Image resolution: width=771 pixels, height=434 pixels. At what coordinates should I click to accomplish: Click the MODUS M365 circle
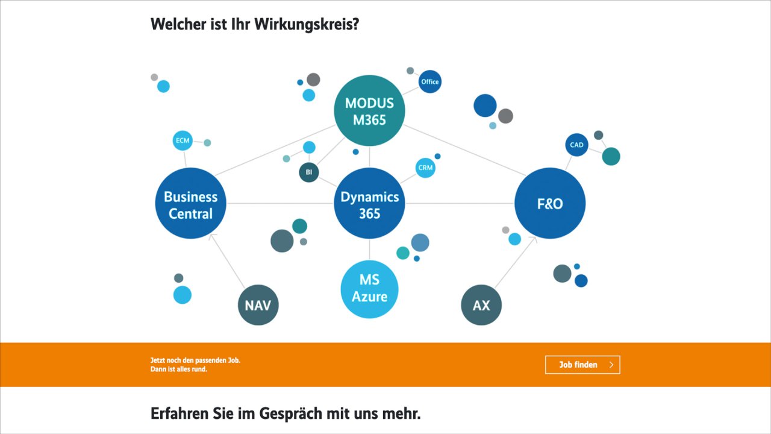(369, 110)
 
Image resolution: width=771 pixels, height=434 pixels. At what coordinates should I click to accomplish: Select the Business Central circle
(191, 203)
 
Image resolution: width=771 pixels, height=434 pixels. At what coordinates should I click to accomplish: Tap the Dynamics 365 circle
(369, 203)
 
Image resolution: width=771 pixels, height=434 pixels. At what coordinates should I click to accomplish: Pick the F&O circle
(550, 203)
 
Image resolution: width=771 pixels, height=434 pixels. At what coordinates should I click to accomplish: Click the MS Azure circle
(369, 289)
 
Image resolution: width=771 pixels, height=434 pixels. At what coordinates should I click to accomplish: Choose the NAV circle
(258, 305)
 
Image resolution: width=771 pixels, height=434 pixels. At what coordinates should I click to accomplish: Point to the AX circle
(481, 305)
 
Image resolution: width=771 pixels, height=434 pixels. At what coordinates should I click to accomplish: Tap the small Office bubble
(430, 81)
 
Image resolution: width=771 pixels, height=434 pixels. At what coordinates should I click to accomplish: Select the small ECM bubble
(183, 140)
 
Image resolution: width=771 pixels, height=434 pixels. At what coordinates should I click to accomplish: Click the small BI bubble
(309, 172)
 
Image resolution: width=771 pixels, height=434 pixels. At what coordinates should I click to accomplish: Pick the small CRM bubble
(425, 168)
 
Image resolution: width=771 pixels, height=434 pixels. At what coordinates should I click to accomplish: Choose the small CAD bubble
(576, 145)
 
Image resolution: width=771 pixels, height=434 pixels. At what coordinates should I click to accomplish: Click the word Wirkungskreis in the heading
(307, 25)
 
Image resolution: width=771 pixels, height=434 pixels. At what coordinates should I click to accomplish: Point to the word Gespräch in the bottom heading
(291, 414)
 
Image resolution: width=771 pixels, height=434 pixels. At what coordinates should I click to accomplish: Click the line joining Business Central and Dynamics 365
(280, 203)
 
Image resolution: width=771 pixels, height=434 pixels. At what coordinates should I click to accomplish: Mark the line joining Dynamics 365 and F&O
(460, 203)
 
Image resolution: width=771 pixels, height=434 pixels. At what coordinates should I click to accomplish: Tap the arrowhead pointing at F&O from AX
(534, 239)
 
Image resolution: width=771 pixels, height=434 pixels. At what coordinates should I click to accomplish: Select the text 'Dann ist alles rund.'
(179, 370)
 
